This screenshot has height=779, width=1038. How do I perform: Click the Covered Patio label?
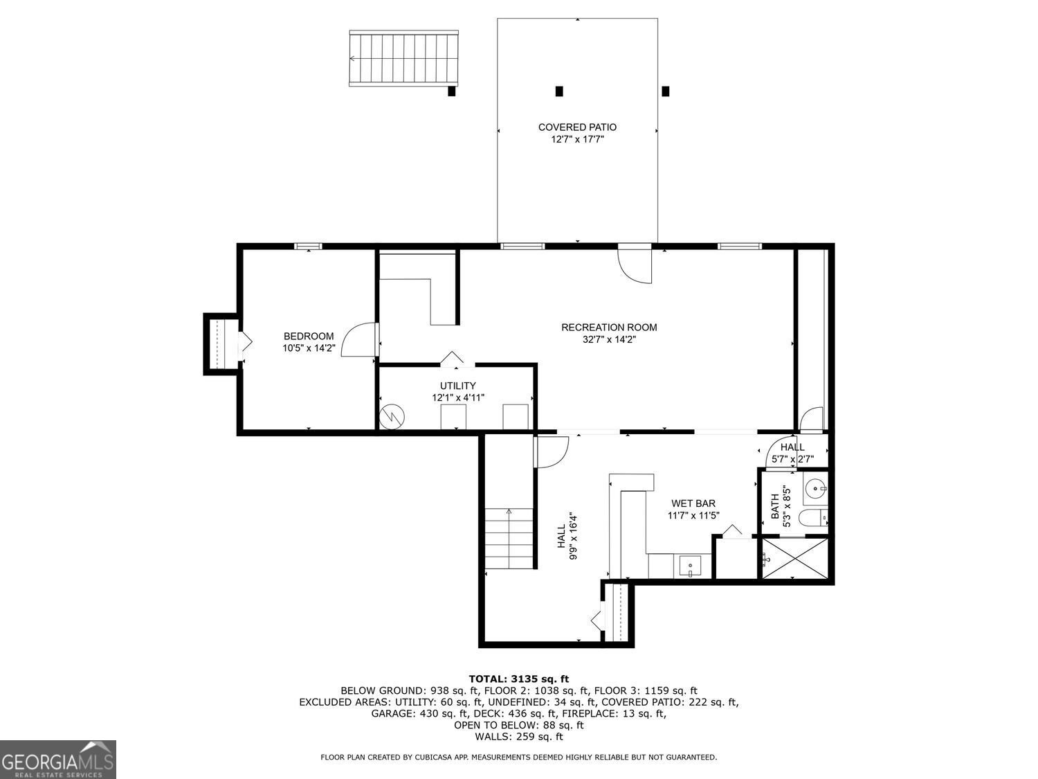(x=577, y=127)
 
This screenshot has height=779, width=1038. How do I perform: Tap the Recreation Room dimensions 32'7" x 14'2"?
(x=609, y=340)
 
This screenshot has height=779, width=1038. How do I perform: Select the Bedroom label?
(x=308, y=337)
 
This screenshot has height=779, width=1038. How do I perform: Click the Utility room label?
(x=457, y=386)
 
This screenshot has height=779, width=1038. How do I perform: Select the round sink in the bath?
(x=817, y=489)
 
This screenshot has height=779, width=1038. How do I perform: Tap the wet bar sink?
(x=690, y=566)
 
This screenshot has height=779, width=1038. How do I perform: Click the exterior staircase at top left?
(x=403, y=58)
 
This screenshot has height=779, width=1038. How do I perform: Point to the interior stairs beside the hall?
(x=509, y=537)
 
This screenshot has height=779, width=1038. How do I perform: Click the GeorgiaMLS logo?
(x=57, y=760)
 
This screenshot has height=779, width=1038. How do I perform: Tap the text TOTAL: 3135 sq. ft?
(x=518, y=679)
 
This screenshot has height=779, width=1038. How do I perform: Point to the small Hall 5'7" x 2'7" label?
(x=792, y=453)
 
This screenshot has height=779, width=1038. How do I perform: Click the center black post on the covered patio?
(x=559, y=91)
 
